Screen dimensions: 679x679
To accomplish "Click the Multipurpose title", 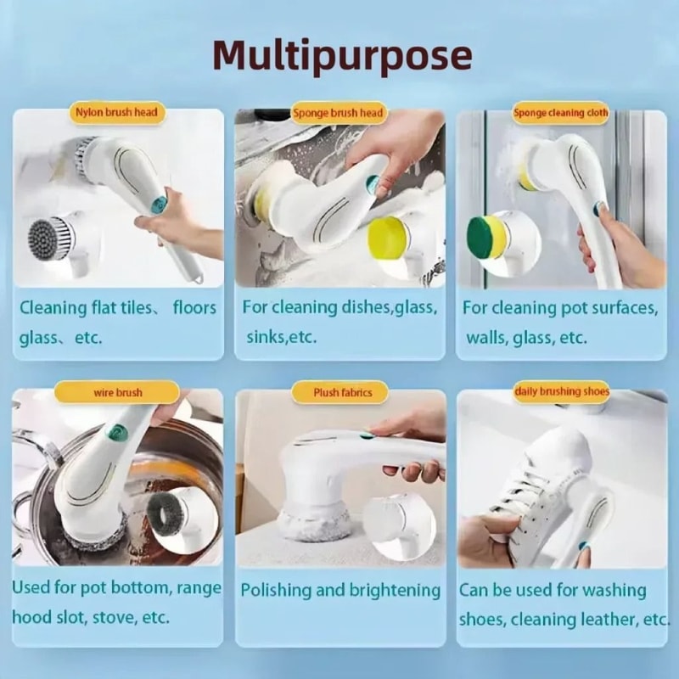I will [341, 56].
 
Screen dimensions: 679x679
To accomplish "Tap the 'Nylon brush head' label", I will [117, 112].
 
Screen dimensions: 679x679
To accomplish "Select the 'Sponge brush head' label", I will [338, 113].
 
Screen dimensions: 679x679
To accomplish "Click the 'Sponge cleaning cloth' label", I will [560, 113].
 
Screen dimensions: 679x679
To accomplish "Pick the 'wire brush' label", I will [117, 393].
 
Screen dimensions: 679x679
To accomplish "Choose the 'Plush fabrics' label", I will [338, 393].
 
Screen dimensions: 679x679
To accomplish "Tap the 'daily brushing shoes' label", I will [561, 391].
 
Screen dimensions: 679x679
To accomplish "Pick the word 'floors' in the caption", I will [194, 307].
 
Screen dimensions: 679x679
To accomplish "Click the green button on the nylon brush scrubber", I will [159, 204].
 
